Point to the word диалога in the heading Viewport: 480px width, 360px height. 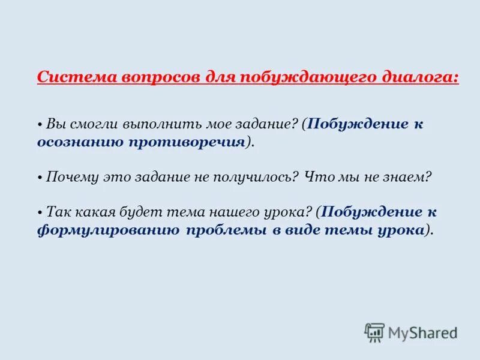419,78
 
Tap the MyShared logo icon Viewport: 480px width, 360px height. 374,332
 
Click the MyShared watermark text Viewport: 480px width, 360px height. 422,332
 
